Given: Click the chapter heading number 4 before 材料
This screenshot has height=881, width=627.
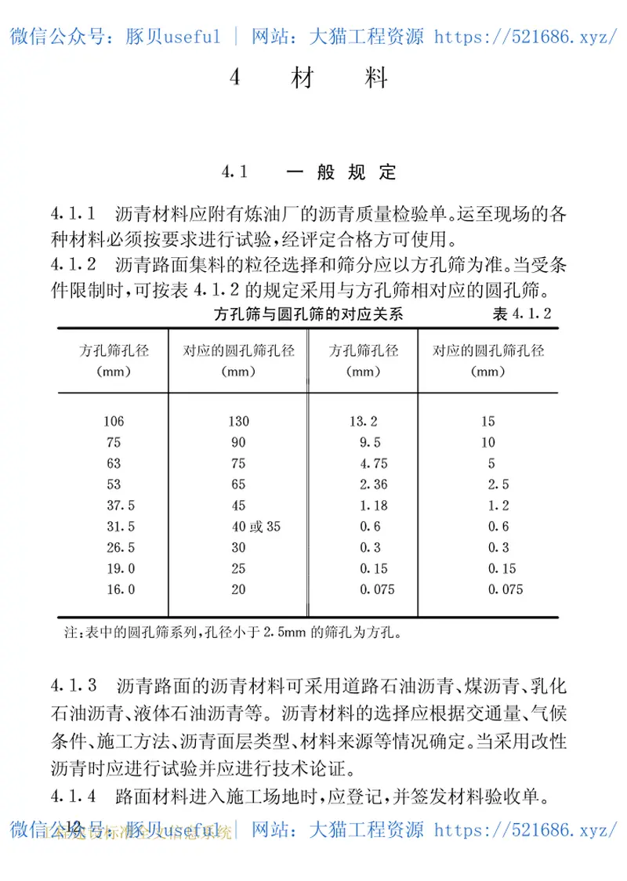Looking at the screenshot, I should tap(235, 78).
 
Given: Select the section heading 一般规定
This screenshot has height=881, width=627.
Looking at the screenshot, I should tap(341, 172).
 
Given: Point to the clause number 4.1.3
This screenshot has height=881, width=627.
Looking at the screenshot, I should tap(74, 687).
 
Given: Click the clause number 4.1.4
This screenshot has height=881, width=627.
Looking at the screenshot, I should tap(74, 798).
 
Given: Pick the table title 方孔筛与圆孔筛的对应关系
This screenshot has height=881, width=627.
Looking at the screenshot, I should tap(308, 315).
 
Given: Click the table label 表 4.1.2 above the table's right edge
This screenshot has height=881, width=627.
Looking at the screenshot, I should tap(523, 315).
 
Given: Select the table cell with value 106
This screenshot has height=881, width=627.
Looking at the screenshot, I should tap(113, 422).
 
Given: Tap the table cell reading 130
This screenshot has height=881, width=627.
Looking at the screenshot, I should tap(238, 422).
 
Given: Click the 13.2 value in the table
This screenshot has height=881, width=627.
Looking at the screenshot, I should tap(364, 422).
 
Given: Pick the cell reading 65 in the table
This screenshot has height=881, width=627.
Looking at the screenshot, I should tap(238, 484).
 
